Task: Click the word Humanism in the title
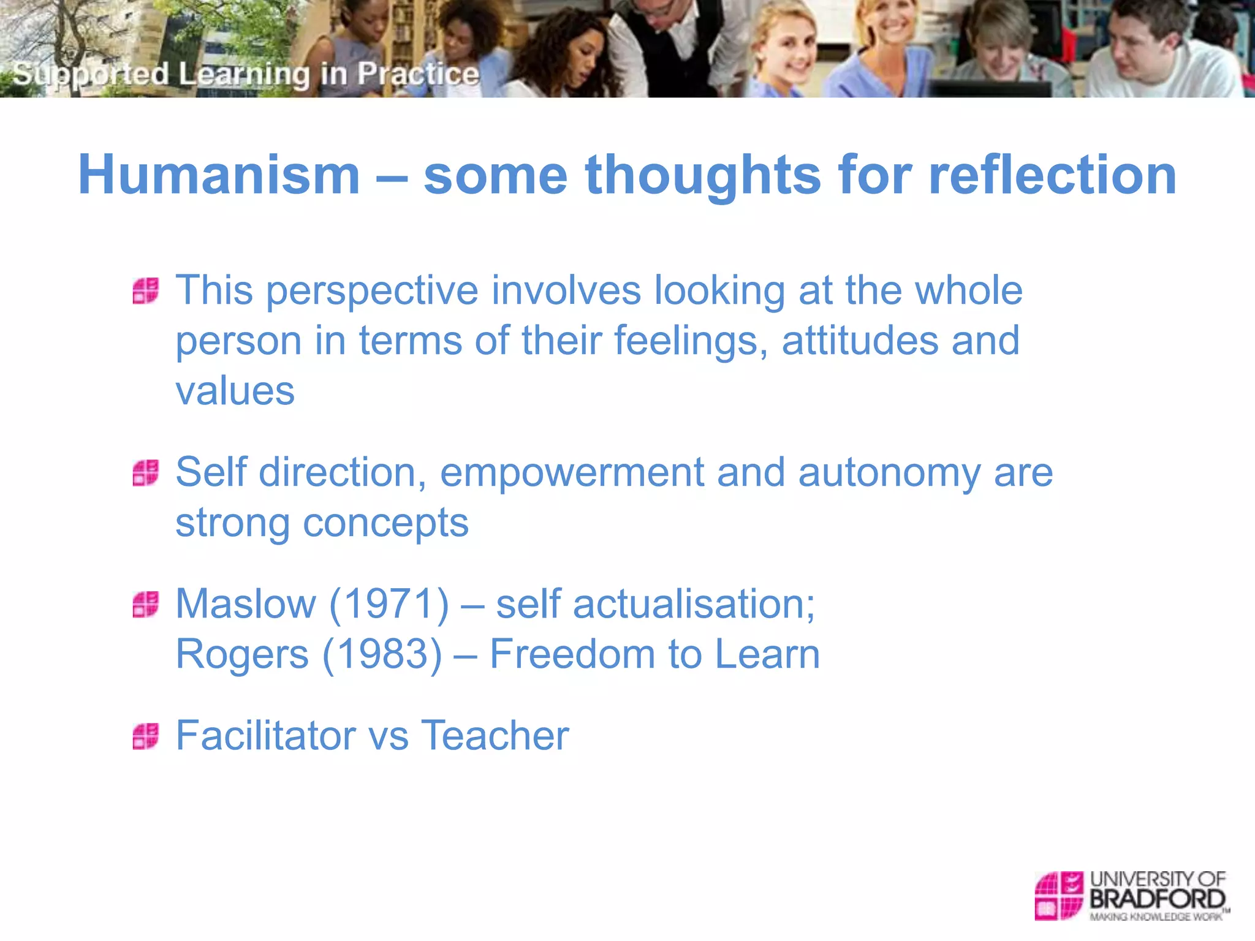(x=219, y=175)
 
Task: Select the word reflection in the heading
(x=1052, y=175)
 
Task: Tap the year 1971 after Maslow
(x=389, y=604)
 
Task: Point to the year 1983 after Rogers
(x=382, y=654)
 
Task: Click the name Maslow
(x=246, y=604)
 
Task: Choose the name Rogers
(x=242, y=654)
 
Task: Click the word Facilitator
(x=265, y=735)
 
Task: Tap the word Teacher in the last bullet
(x=495, y=735)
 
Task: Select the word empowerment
(x=572, y=473)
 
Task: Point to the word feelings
(x=690, y=341)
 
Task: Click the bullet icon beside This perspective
(x=146, y=290)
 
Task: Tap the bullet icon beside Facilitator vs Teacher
(x=146, y=736)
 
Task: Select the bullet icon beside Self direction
(x=146, y=473)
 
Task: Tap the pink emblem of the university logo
(x=1058, y=895)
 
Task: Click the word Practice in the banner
(x=418, y=74)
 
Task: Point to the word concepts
(x=385, y=523)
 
